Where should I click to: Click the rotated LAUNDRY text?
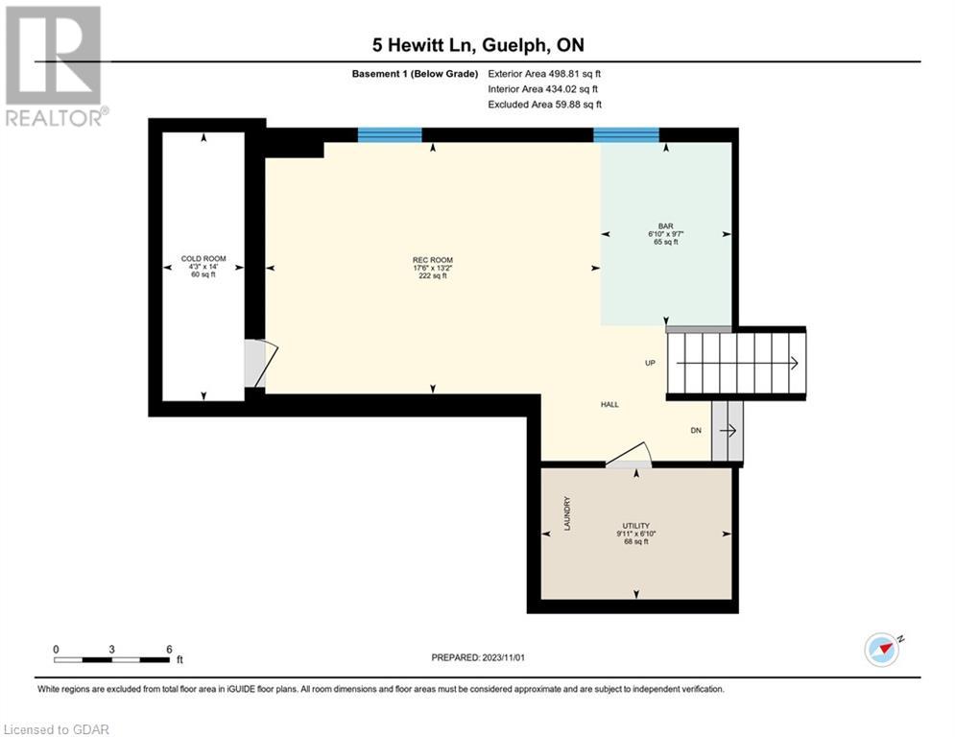click(x=567, y=512)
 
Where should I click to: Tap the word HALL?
click(x=609, y=404)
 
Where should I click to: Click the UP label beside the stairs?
click(x=651, y=363)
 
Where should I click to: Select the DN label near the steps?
click(x=696, y=431)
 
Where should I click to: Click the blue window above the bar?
click(x=626, y=134)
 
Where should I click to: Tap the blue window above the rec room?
click(x=390, y=134)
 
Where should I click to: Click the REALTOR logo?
click(x=55, y=66)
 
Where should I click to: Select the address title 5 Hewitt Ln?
click(x=424, y=45)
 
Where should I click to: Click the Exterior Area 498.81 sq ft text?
click(x=544, y=74)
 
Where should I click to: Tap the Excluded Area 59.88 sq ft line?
click(x=545, y=105)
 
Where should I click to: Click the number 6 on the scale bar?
click(x=169, y=650)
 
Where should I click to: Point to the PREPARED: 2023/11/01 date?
click(x=478, y=657)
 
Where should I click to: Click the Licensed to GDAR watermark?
click(x=56, y=729)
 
